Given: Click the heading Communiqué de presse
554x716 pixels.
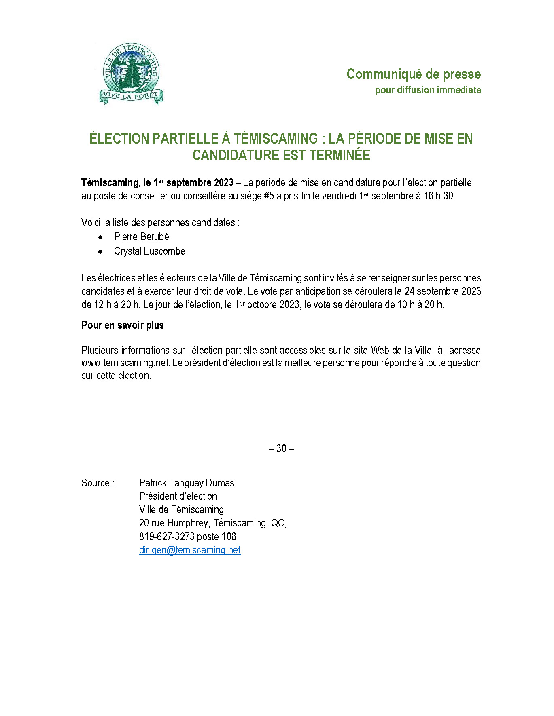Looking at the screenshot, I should click(x=414, y=74).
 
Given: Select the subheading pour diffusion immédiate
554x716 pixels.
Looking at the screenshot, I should click(x=428, y=90).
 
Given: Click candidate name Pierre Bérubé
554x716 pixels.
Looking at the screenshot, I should click(x=141, y=237).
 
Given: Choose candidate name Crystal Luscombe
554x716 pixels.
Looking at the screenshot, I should click(x=149, y=251).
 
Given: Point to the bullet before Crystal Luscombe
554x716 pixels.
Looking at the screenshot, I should click(x=100, y=251).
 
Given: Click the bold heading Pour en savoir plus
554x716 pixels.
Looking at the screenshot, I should click(x=122, y=325).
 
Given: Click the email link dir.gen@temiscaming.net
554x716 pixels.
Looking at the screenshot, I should click(x=190, y=550).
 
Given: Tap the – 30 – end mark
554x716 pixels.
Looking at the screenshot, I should click(x=281, y=448).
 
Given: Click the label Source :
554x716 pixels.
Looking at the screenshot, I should click(x=98, y=483).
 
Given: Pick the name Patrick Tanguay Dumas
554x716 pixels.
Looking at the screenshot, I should click(x=187, y=483).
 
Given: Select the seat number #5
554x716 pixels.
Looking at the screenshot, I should click(x=269, y=196).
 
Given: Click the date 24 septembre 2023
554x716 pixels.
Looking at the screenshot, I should click(x=442, y=291).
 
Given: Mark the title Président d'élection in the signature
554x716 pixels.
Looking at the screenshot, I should click(x=178, y=496).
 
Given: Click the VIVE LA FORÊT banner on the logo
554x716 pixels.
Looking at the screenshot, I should click(x=130, y=96).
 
